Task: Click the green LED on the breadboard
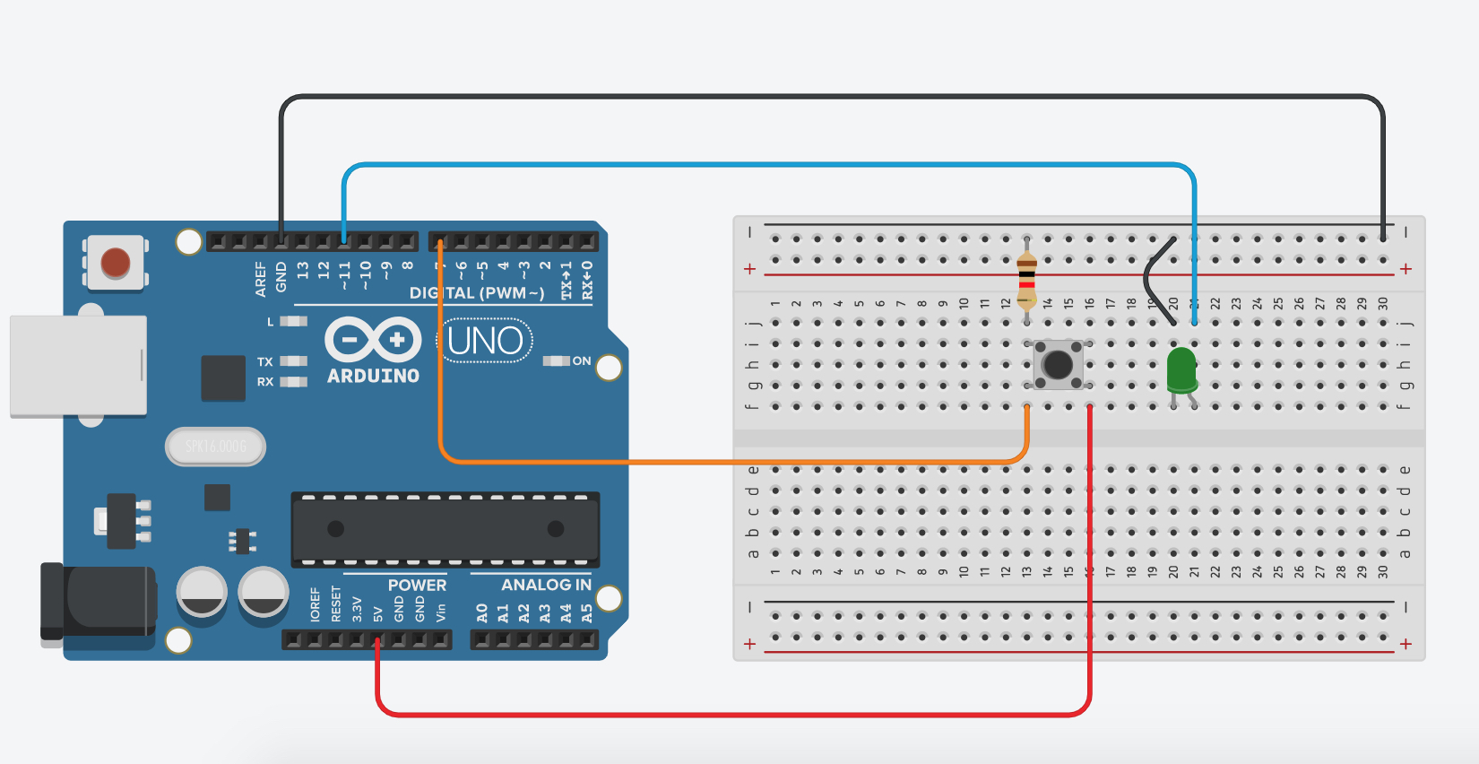(1181, 369)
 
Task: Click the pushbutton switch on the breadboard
(1058, 364)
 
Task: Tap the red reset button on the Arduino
(116, 263)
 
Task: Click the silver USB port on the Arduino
(78, 365)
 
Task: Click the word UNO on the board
(485, 342)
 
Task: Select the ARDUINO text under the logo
(373, 377)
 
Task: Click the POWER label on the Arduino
(417, 586)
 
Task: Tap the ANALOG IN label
(546, 586)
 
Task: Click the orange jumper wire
(717, 462)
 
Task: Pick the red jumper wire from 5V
(717, 715)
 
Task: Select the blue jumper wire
(762, 165)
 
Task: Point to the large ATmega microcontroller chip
(445, 529)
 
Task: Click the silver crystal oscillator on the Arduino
(215, 447)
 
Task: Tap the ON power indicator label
(582, 361)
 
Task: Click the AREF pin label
(261, 279)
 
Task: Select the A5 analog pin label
(587, 613)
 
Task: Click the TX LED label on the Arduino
(264, 362)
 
